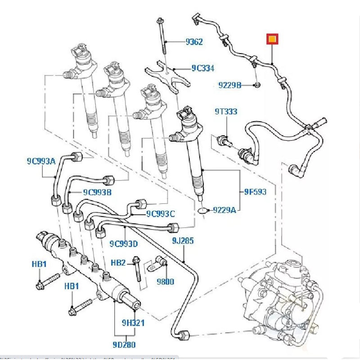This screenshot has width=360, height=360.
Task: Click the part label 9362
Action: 194,42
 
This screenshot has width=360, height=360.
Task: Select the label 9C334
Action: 202,68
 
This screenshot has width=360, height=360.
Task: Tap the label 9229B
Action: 230,85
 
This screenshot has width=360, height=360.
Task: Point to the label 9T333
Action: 225,112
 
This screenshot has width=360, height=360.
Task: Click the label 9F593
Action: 255,192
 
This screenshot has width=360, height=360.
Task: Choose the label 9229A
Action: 224,210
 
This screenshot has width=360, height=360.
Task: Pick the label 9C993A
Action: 40,160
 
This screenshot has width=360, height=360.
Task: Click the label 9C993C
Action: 160,213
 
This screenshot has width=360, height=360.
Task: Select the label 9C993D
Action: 123,243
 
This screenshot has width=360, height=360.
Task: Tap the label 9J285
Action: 182,241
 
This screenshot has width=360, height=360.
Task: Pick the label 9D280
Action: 125,345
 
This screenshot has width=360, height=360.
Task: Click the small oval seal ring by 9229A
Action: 203,210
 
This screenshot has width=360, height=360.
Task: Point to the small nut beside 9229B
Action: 257,85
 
